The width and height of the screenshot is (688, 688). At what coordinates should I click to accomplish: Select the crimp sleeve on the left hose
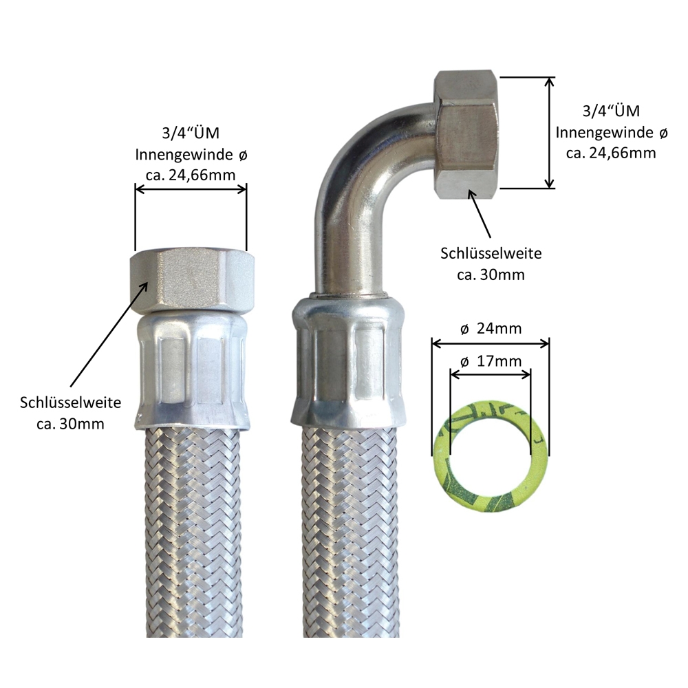(191, 372)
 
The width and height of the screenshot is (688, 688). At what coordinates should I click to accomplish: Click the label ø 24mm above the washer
(491, 329)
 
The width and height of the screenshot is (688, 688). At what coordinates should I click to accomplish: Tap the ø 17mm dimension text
(490, 361)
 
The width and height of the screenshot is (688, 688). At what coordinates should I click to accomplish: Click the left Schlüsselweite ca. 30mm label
(71, 412)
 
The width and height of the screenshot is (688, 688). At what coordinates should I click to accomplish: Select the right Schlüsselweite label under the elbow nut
(491, 264)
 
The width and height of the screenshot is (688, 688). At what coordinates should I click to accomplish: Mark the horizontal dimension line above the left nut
(191, 190)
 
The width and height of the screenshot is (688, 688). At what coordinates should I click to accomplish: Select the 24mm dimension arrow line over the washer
(491, 342)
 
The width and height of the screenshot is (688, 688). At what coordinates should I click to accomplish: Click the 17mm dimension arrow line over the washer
(490, 374)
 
